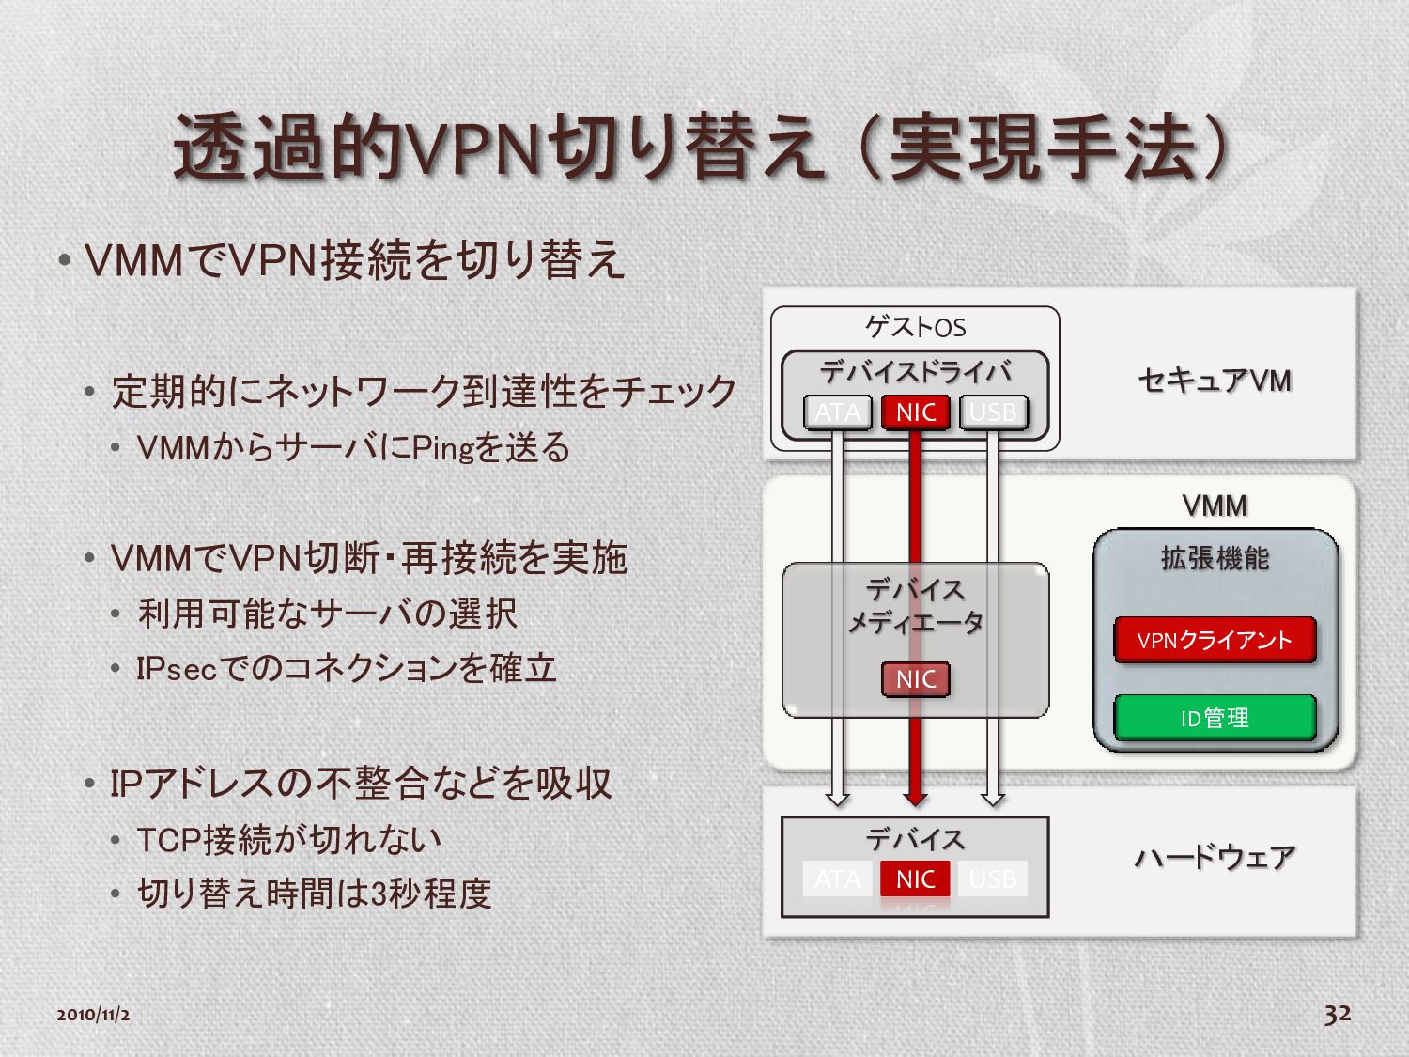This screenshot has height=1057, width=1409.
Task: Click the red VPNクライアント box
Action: pyautogui.click(x=1214, y=641)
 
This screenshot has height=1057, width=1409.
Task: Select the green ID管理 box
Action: pyautogui.click(x=1214, y=719)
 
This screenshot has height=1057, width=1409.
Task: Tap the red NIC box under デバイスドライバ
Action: pyautogui.click(x=916, y=412)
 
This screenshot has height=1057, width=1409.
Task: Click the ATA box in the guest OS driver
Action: pyautogui.click(x=838, y=412)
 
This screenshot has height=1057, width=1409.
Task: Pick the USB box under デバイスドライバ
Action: pyautogui.click(x=993, y=412)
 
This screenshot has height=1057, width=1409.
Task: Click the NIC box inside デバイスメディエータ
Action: pyautogui.click(x=916, y=679)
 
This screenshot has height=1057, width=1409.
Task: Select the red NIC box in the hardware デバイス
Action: pyautogui.click(x=915, y=879)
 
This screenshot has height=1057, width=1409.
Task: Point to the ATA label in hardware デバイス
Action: pyautogui.click(x=838, y=879)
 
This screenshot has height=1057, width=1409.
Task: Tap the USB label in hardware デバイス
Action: pyautogui.click(x=993, y=879)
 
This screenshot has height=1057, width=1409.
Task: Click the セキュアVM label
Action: pyautogui.click(x=1215, y=381)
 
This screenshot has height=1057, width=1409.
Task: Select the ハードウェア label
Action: pyautogui.click(x=1215, y=857)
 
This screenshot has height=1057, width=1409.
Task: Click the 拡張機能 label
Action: pyautogui.click(x=1215, y=559)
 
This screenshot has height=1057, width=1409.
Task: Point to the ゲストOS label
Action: pyautogui.click(x=915, y=327)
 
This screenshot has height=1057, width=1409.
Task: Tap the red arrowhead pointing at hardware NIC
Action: pyautogui.click(x=916, y=799)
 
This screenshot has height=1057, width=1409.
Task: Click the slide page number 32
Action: pyautogui.click(x=1338, y=1014)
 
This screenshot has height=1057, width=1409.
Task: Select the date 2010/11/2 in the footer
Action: pyautogui.click(x=93, y=1015)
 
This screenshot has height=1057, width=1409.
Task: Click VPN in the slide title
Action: pyautogui.click(x=472, y=149)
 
